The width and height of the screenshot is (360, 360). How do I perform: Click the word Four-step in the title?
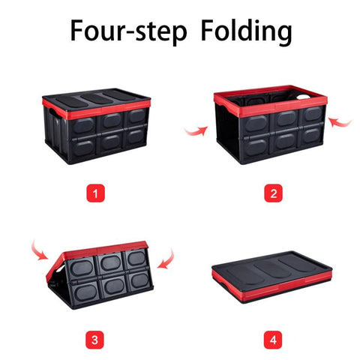point(128,31)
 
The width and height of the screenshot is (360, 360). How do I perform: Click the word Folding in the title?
point(247,31)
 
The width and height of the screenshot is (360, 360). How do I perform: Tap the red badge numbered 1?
point(95,193)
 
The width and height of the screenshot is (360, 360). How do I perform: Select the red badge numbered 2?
point(274,193)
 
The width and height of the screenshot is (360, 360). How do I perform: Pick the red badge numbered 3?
point(94,340)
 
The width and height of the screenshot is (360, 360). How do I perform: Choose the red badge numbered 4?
point(273,340)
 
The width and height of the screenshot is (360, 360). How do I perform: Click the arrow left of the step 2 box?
point(197,131)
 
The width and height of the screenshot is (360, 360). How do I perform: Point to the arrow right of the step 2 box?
point(340,122)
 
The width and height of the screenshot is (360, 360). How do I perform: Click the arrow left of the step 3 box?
point(38,251)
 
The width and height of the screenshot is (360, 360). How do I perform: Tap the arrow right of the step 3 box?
point(168,260)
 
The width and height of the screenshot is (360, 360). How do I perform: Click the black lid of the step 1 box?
point(97,99)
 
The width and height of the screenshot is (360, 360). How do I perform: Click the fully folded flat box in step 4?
point(272,277)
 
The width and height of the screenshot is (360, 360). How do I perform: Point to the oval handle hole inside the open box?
point(304,97)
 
